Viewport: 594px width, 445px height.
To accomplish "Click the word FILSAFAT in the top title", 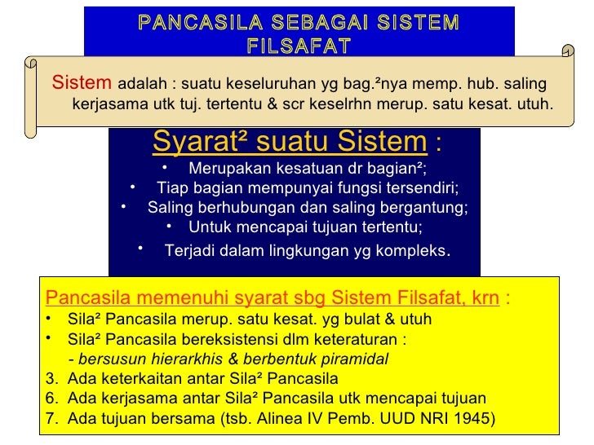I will pos(298,42).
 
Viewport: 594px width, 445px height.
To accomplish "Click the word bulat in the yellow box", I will pos(353,319).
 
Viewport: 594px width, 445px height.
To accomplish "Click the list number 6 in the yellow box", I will pos(51,399).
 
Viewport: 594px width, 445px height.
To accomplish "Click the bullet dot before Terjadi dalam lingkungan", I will pos(140,247).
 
